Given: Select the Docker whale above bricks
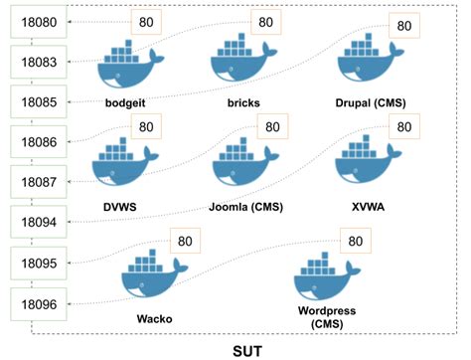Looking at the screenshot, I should pyautogui.click(x=243, y=66).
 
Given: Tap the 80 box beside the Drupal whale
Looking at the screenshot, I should pyautogui.click(x=403, y=26).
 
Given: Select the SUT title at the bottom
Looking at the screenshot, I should pyautogui.click(x=247, y=348).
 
